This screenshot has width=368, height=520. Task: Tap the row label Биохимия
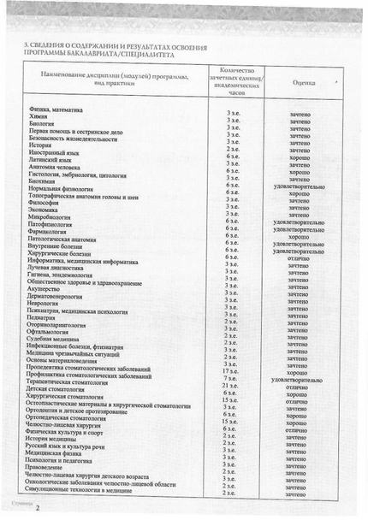point(43,180)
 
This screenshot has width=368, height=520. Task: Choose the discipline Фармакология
point(49,232)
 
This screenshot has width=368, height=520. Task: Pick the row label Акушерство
point(45,289)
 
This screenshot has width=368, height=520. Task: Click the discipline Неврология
point(45,303)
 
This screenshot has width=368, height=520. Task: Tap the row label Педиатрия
point(44,318)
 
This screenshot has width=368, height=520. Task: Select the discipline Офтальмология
point(48,333)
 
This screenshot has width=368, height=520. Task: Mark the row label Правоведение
point(46,468)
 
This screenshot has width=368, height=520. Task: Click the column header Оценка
point(303,83)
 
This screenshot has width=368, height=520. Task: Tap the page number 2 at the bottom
point(38,508)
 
